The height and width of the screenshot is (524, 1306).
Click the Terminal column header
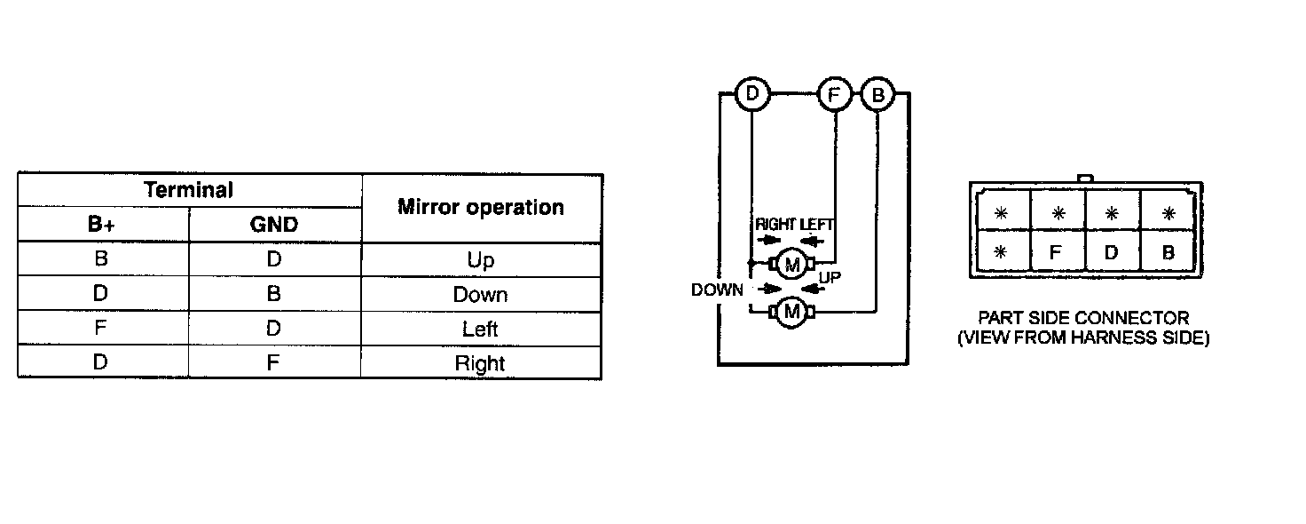click(x=189, y=189)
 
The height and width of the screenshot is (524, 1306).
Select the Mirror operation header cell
click(x=481, y=207)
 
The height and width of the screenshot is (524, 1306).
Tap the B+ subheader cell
click(x=101, y=225)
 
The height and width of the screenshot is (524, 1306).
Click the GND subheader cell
click(x=273, y=225)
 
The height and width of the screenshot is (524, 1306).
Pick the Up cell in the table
click(x=480, y=260)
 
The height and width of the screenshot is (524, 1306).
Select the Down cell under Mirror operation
click(x=480, y=295)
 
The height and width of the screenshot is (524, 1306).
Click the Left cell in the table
click(x=480, y=329)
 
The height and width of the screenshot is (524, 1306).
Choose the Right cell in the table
click(x=480, y=363)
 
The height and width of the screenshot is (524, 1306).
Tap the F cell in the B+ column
click(x=101, y=329)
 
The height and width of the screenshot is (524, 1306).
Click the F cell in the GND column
click(x=273, y=363)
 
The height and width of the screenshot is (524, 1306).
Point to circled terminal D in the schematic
click(x=753, y=94)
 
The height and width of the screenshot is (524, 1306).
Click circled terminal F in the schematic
click(x=835, y=94)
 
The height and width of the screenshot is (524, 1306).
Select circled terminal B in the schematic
click(x=877, y=94)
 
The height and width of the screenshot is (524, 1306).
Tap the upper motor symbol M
click(x=792, y=264)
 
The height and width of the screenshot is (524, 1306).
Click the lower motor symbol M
click(x=792, y=312)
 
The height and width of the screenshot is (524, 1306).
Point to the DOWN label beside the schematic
click(x=717, y=290)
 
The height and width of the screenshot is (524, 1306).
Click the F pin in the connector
click(x=1056, y=251)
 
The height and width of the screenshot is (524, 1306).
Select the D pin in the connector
click(x=1112, y=251)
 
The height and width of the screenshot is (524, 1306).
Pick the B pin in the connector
click(x=1168, y=251)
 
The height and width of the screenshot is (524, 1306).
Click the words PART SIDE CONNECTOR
click(x=1083, y=318)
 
